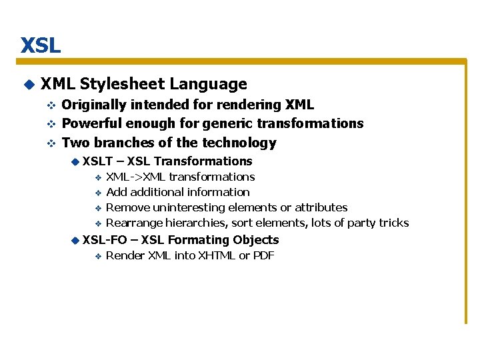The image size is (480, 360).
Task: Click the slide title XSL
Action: (40, 45)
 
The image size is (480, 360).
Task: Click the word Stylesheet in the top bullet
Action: (122, 84)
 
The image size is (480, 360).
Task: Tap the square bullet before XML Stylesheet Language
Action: (28, 85)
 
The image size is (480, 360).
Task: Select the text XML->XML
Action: (136, 177)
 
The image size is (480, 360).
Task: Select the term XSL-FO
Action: (105, 240)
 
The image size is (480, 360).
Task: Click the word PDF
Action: (263, 256)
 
